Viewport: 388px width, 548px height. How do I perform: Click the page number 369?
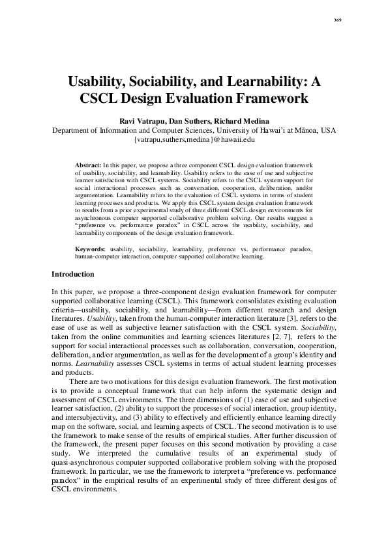(x=338, y=20)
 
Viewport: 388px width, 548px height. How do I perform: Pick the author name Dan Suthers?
(x=188, y=121)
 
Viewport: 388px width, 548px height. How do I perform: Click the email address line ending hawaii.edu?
(x=194, y=139)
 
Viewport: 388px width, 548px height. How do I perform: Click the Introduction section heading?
(x=72, y=274)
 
